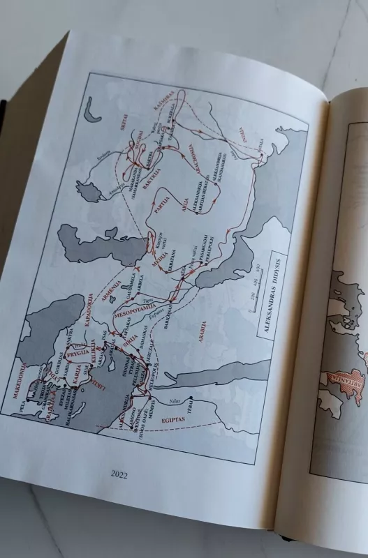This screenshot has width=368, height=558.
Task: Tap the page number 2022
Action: tap(120, 474)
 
